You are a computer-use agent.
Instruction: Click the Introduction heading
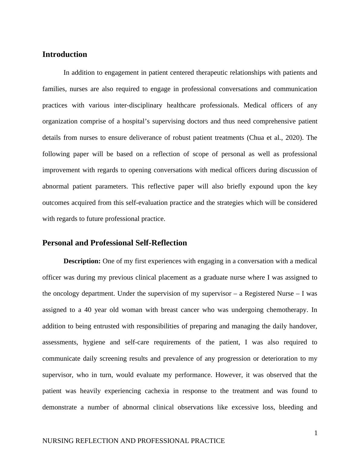[64, 54]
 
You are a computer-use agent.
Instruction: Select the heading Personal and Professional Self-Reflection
[114, 243]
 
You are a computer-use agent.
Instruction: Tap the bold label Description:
[82, 261]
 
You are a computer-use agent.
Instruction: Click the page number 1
[316, 433]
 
